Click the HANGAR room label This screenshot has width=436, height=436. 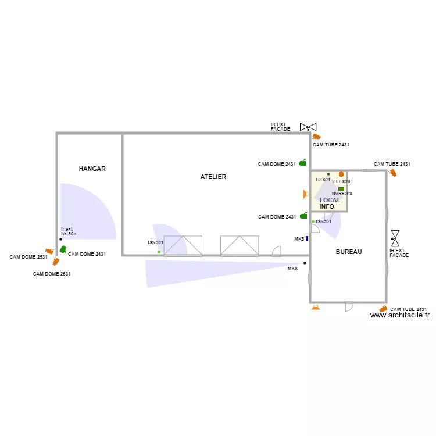[92, 169]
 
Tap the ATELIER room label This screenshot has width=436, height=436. [213, 177]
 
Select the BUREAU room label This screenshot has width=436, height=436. [349, 252]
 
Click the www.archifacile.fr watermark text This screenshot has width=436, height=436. [400, 315]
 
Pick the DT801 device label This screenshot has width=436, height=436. [323, 180]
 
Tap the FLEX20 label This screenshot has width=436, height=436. [341, 181]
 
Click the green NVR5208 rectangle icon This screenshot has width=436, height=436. [341, 188]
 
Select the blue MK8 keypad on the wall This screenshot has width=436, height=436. [307, 238]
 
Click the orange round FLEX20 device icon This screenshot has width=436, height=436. [341, 174]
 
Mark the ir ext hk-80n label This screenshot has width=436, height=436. [69, 231]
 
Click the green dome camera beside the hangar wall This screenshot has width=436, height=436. [63, 250]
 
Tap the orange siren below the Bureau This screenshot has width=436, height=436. [316, 307]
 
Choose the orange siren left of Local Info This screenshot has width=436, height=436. [304, 194]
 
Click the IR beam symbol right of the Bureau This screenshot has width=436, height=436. [395, 236]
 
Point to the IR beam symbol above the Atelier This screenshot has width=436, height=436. [308, 127]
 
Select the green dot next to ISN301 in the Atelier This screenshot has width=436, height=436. [159, 252]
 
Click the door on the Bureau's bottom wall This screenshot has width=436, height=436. [349, 305]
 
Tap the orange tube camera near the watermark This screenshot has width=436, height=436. [383, 309]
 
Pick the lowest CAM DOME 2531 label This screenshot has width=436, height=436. [52, 274]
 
